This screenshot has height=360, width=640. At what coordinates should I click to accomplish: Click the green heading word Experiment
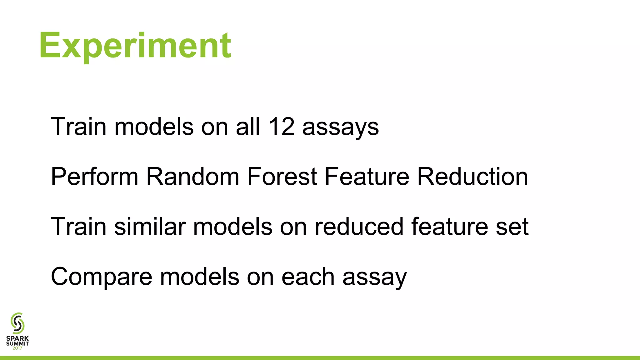point(135,46)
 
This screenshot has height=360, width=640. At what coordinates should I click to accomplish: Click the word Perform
point(94,177)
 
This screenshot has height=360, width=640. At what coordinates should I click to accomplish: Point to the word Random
point(193,177)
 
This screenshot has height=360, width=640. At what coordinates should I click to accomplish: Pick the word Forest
point(282,177)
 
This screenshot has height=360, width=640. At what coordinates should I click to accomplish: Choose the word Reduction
point(472,177)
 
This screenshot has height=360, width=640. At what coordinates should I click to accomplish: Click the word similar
point(150,227)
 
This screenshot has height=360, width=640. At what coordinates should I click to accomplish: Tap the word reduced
point(359,227)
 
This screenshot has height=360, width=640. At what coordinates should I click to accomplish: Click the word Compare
point(102,277)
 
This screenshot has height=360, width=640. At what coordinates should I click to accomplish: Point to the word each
point(308,277)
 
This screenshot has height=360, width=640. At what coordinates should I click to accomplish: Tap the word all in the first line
point(248,127)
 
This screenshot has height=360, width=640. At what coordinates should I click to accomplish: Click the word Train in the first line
point(78,127)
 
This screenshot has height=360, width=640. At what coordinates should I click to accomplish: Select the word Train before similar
point(78,227)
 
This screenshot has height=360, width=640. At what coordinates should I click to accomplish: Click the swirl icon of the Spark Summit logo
point(17,323)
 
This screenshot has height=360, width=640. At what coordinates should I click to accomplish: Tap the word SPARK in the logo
point(17,338)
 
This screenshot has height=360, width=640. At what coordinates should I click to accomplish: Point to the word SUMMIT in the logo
point(17,343)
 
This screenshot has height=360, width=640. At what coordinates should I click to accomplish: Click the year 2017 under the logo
point(17,348)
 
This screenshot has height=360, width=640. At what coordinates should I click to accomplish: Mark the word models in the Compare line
point(199,277)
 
